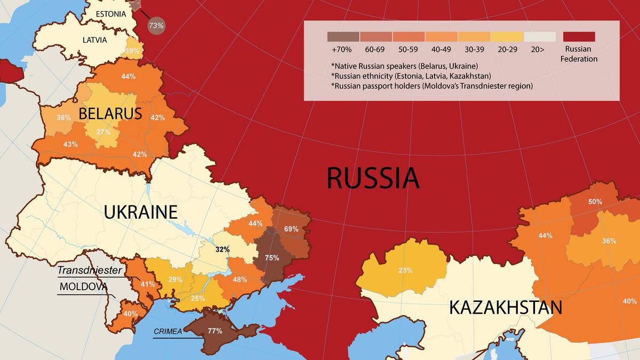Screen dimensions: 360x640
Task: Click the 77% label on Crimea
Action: click(x=215, y=331)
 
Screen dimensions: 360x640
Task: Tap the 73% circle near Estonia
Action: click(x=156, y=25)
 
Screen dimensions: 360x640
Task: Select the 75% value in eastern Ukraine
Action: click(x=272, y=258)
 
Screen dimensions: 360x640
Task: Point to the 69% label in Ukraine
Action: click(x=291, y=229)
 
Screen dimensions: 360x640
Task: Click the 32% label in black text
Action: click(x=222, y=249)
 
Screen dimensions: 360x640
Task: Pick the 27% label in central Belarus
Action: click(x=103, y=132)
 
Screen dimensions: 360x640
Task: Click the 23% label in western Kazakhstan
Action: click(x=405, y=270)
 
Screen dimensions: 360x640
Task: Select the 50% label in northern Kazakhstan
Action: click(x=595, y=202)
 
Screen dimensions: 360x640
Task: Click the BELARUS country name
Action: click(x=110, y=113)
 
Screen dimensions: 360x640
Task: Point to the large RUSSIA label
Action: click(x=373, y=178)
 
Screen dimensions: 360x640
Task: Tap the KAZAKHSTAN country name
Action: click(x=505, y=307)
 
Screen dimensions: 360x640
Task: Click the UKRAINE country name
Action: click(x=140, y=212)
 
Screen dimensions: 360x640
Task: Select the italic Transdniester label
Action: click(x=90, y=270)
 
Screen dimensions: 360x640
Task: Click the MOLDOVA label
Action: click(x=84, y=286)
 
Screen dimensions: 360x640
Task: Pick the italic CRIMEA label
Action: click(x=167, y=331)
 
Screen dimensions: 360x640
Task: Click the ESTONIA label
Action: click(x=111, y=14)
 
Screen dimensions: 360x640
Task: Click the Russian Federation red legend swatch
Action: click(x=579, y=36)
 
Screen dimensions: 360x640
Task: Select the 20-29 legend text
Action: click(x=507, y=49)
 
